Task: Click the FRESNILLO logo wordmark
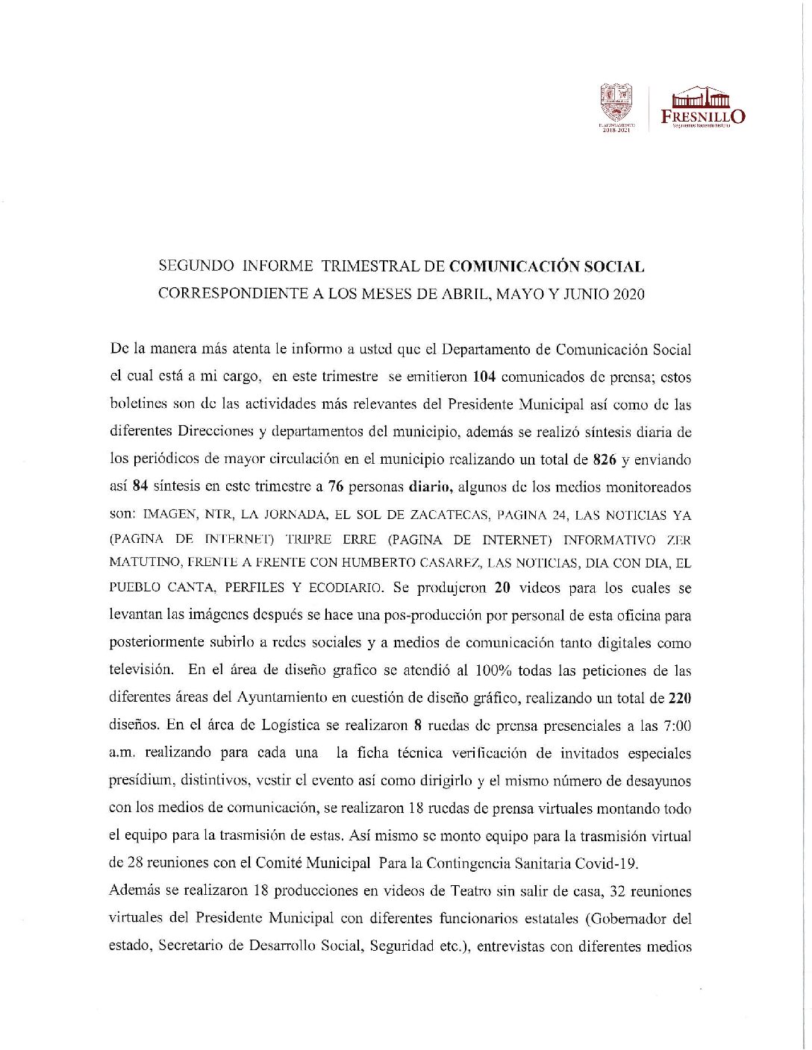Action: click(702, 116)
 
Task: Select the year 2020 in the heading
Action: click(628, 294)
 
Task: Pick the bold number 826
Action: click(604, 459)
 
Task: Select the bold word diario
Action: click(431, 487)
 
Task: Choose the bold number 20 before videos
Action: click(502, 588)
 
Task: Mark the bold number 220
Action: click(679, 698)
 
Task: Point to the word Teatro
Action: click(472, 891)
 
